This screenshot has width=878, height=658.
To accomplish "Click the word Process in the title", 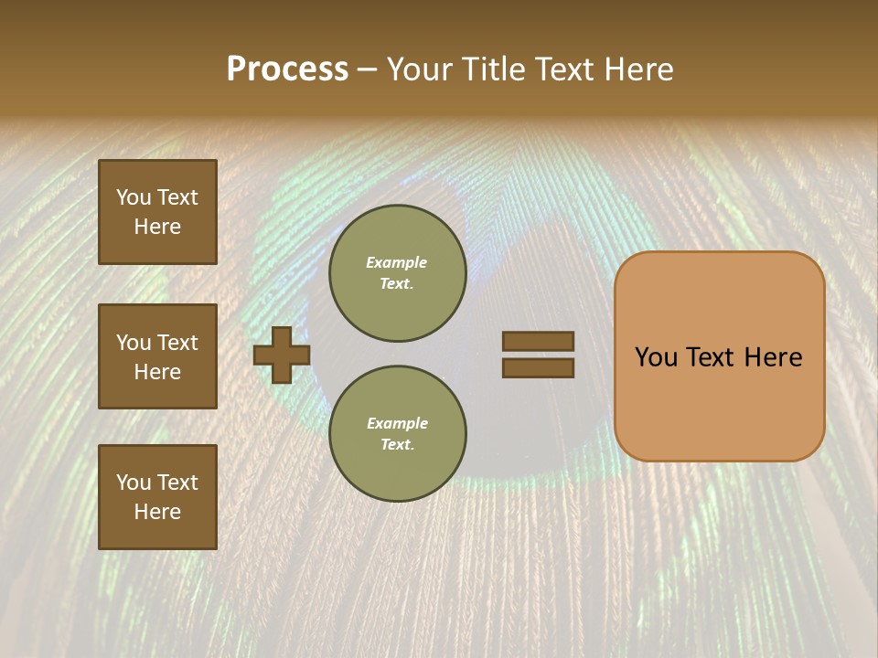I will (x=287, y=69).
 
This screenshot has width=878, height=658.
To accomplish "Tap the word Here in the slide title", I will (x=637, y=69).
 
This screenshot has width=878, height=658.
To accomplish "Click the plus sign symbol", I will (x=282, y=355).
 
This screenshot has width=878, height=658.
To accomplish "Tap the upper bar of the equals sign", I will (x=538, y=341).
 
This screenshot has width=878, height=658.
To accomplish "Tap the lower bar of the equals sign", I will (x=538, y=368).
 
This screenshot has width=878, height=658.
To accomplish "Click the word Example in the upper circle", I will (x=396, y=262).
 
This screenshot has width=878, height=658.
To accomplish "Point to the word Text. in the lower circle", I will (x=397, y=444).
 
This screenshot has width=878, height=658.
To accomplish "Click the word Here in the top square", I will (x=157, y=227).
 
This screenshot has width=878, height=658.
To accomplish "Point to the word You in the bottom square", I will (x=133, y=483).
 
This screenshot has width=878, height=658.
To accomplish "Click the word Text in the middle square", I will (x=177, y=343).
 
